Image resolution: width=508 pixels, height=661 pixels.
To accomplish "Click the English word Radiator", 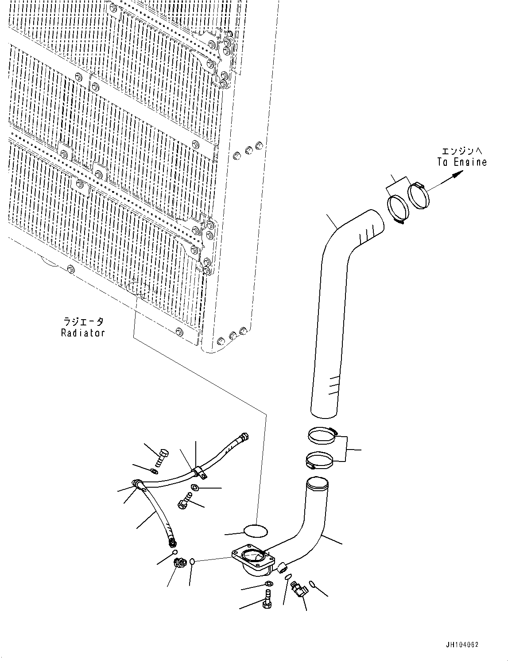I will click(83, 332).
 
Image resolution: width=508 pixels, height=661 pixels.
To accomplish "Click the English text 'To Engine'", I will click(462, 162).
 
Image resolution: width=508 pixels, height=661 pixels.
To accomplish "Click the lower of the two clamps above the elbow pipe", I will click(319, 460).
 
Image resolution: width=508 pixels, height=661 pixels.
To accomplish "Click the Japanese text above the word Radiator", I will click(83, 321).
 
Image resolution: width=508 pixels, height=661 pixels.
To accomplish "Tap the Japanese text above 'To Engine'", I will click(462, 151).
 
